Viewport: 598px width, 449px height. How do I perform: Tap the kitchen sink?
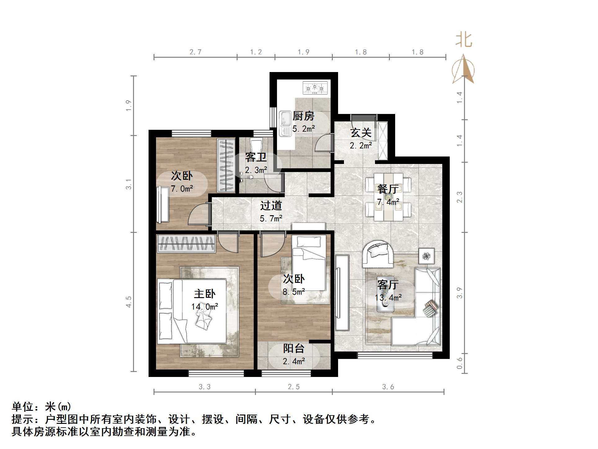[285, 124]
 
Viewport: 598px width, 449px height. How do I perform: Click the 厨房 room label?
[303, 116]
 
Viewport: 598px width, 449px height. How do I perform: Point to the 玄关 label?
[361, 133]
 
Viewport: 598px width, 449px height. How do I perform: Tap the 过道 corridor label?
[271, 206]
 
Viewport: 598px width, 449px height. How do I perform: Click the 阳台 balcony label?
[293, 348]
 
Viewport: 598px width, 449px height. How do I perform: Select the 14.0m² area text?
[205, 307]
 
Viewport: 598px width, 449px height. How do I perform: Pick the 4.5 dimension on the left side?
[128, 302]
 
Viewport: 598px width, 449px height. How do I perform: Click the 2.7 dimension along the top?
[195, 52]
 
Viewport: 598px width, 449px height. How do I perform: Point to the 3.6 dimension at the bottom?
[388, 387]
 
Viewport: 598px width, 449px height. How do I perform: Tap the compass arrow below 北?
[463, 69]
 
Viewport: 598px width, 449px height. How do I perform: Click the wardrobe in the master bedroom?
[186, 243]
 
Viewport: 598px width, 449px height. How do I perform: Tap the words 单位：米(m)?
[42, 406]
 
